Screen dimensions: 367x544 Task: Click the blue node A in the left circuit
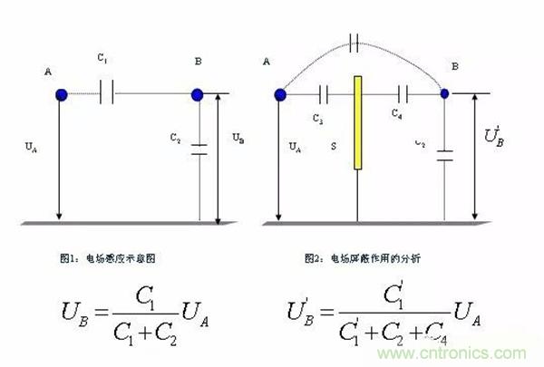tap(61, 94)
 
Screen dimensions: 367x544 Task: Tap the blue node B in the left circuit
tap(197, 94)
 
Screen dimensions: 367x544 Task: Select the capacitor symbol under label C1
tap(107, 94)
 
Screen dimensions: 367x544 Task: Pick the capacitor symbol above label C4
tap(403, 92)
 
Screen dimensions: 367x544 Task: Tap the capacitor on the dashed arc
tap(355, 41)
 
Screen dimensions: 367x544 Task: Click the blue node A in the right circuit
tap(280, 93)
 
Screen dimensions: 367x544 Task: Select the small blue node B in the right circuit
tap(445, 92)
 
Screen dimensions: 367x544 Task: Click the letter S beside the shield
tap(333, 144)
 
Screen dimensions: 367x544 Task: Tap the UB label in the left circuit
tap(238, 138)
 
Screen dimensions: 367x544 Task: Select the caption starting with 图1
tap(106, 258)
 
